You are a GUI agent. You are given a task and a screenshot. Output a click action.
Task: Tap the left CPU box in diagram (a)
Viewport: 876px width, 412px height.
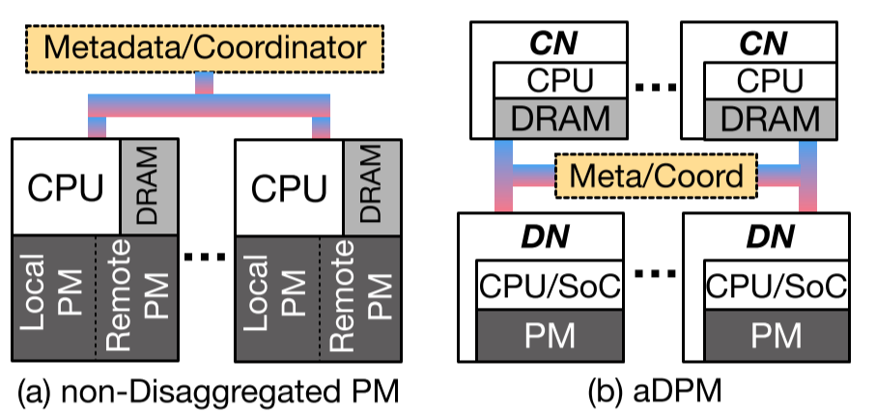(x=64, y=186)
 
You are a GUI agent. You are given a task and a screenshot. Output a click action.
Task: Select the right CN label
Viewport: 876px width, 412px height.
(x=759, y=43)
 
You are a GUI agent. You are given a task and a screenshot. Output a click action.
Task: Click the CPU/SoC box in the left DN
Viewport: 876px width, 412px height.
(x=548, y=287)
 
